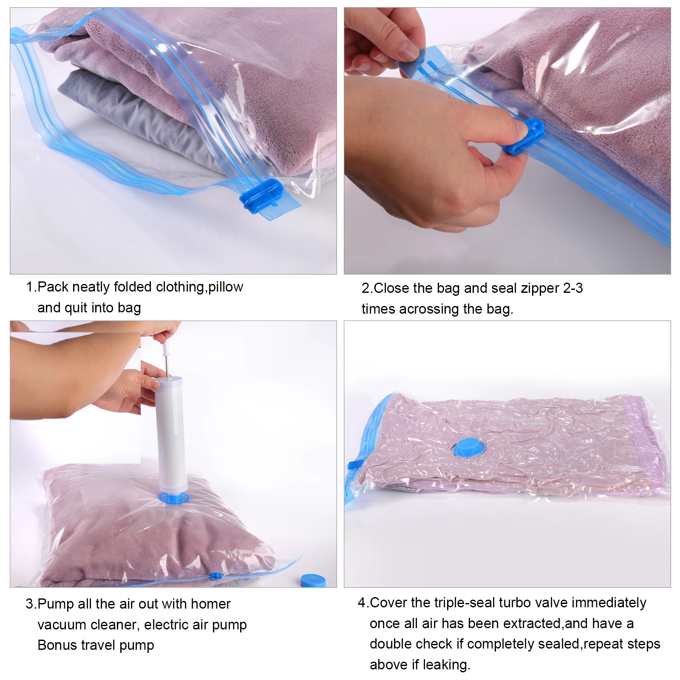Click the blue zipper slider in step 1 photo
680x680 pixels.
[x=260, y=195]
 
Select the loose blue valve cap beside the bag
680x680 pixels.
[x=313, y=581]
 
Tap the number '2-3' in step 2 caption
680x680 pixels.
[x=572, y=288]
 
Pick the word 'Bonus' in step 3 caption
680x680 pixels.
[x=57, y=645]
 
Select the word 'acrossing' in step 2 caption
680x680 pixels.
[x=428, y=309]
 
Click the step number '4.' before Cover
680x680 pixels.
[x=363, y=603]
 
